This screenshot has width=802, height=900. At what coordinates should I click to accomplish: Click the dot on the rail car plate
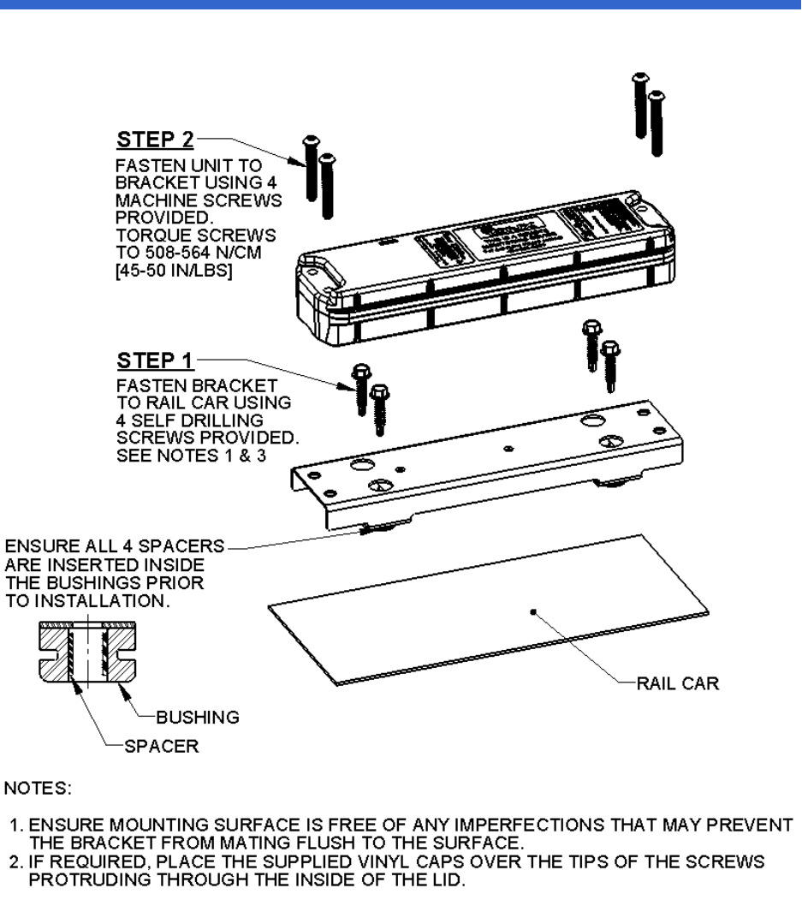click(532, 611)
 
